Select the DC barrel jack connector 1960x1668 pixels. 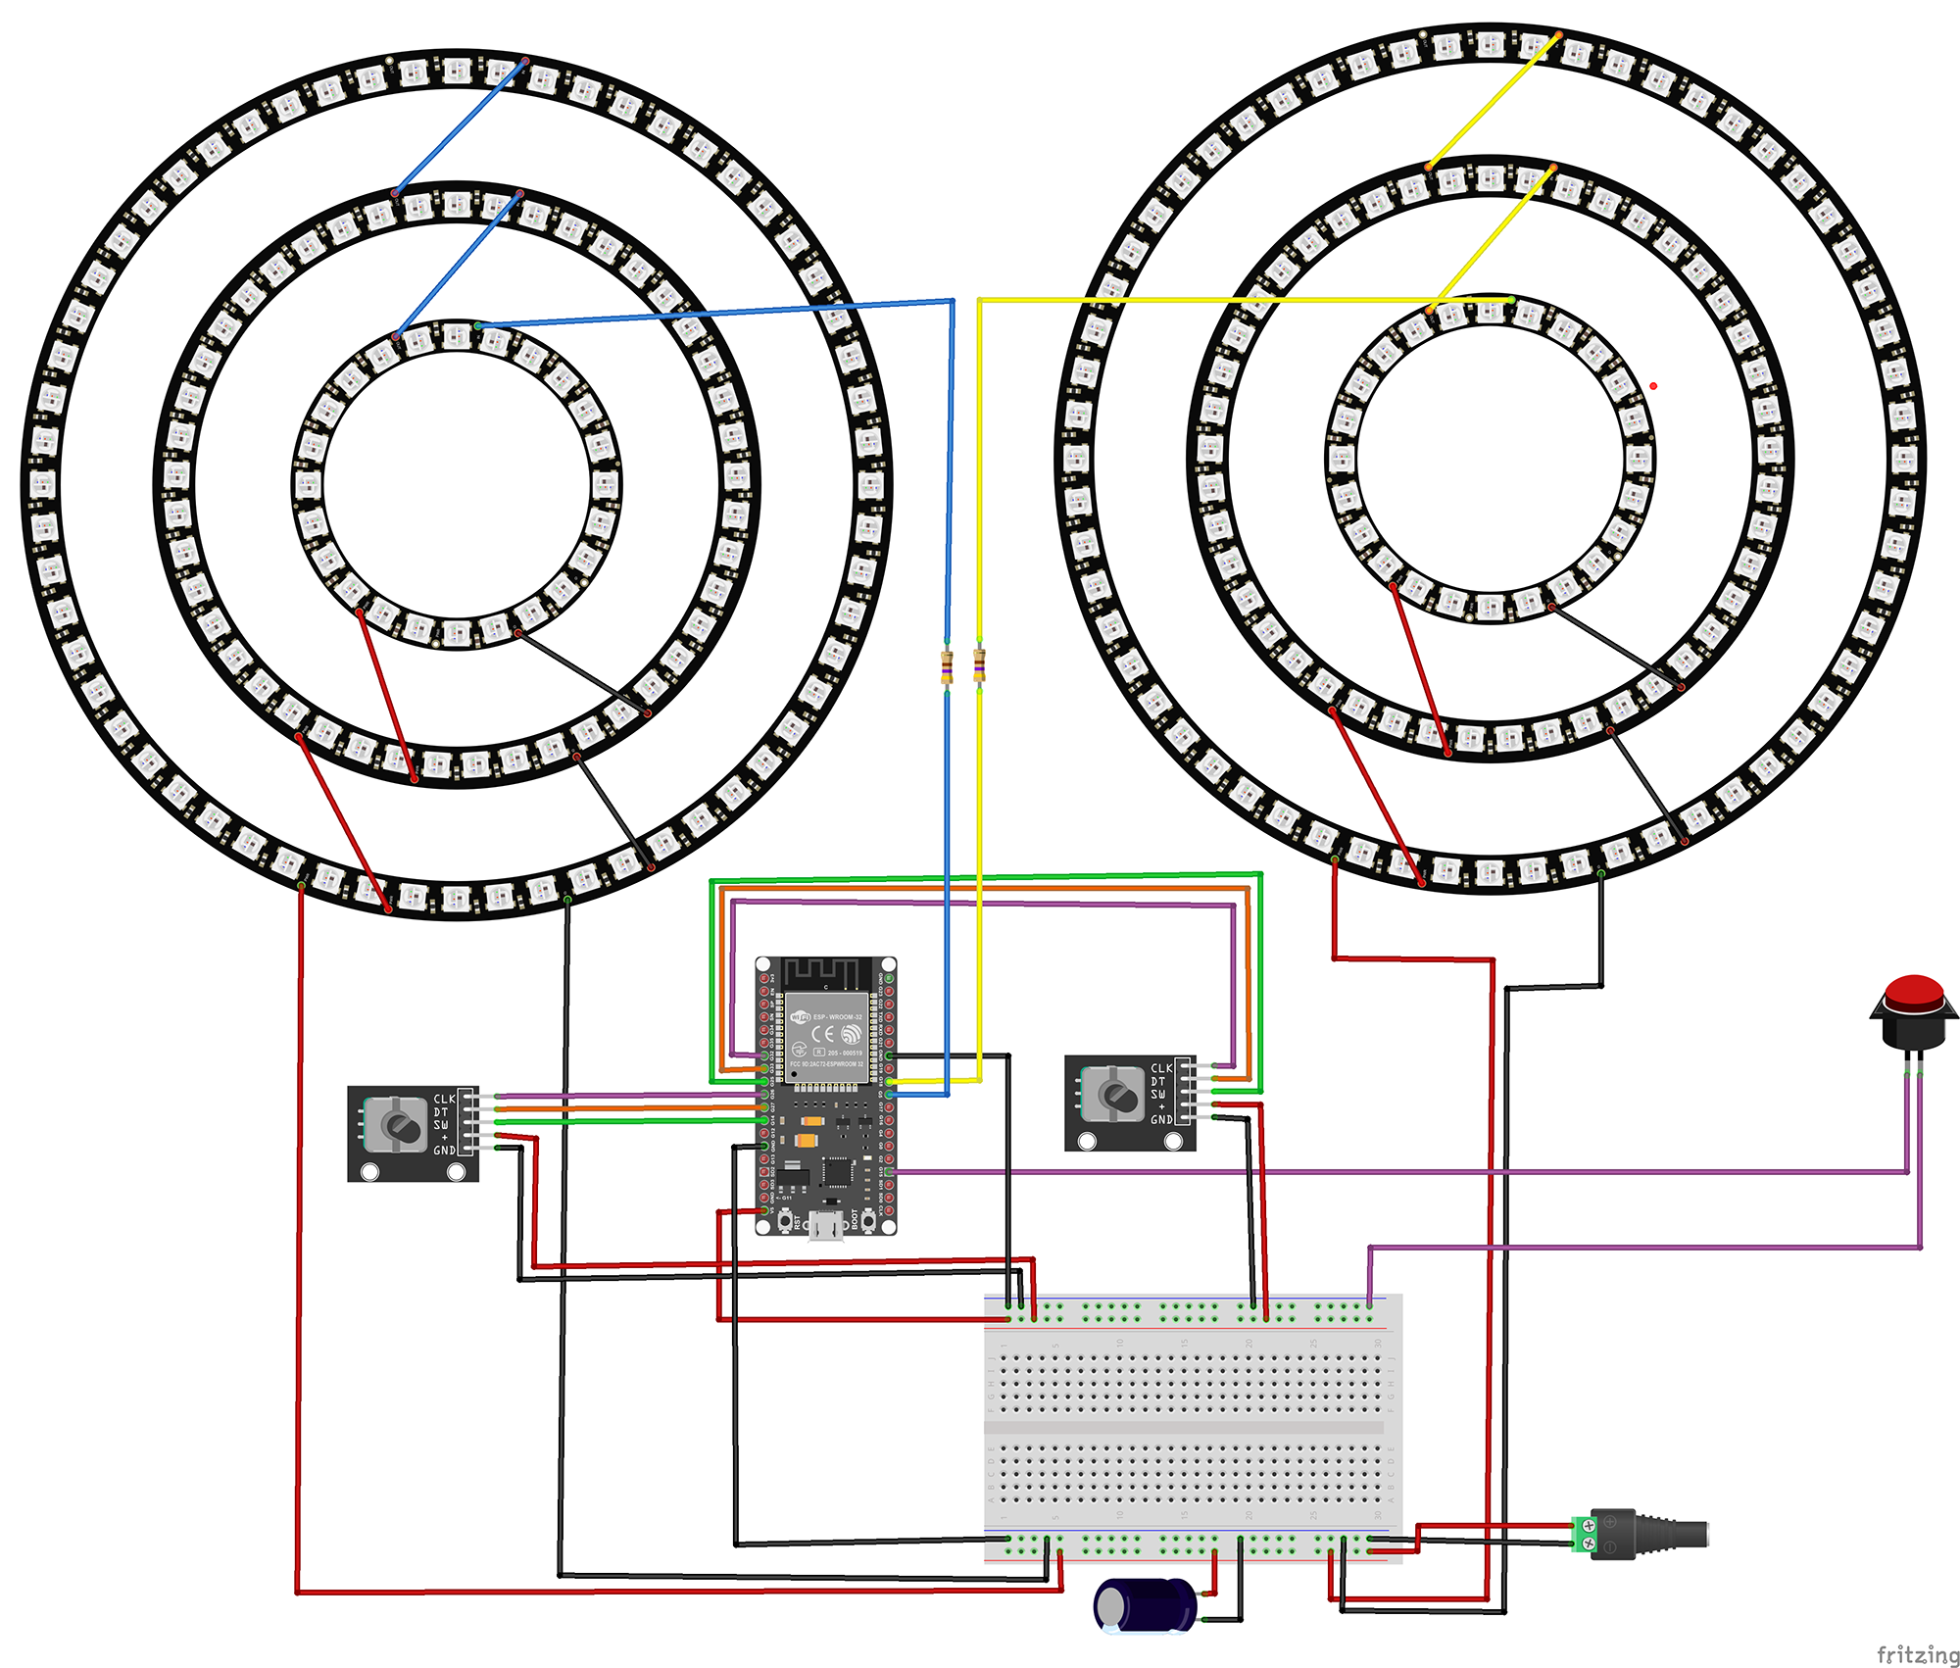1656,1535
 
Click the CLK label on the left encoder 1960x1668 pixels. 444,1100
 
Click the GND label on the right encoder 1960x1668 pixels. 1161,1119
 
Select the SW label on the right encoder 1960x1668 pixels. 1158,1094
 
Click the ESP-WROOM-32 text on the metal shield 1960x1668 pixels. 837,1017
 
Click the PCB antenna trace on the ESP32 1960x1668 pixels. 825,973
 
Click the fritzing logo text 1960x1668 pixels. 1917,1654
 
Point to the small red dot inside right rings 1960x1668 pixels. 1653,386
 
